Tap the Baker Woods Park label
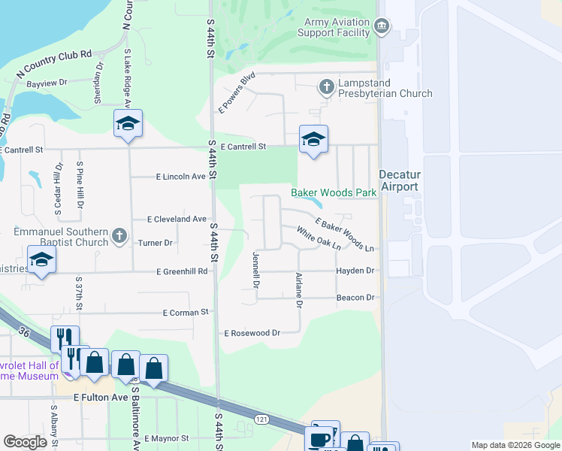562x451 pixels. pos(334,193)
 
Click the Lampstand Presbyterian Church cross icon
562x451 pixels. pos(326,87)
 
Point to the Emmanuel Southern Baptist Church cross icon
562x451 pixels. pos(119,237)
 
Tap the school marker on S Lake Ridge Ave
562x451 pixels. pos(128,124)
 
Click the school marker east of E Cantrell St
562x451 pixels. pos(313,139)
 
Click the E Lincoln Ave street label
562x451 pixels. pos(180,177)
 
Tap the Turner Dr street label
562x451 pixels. pos(156,243)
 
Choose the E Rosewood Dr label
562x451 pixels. pos(252,332)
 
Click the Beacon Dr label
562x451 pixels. pos(355,298)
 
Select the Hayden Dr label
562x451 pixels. pos(355,271)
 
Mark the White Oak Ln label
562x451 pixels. pos(319,238)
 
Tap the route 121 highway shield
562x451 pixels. pos(261,417)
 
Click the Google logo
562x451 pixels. pos(25,442)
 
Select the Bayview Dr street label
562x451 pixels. pos(47,83)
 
